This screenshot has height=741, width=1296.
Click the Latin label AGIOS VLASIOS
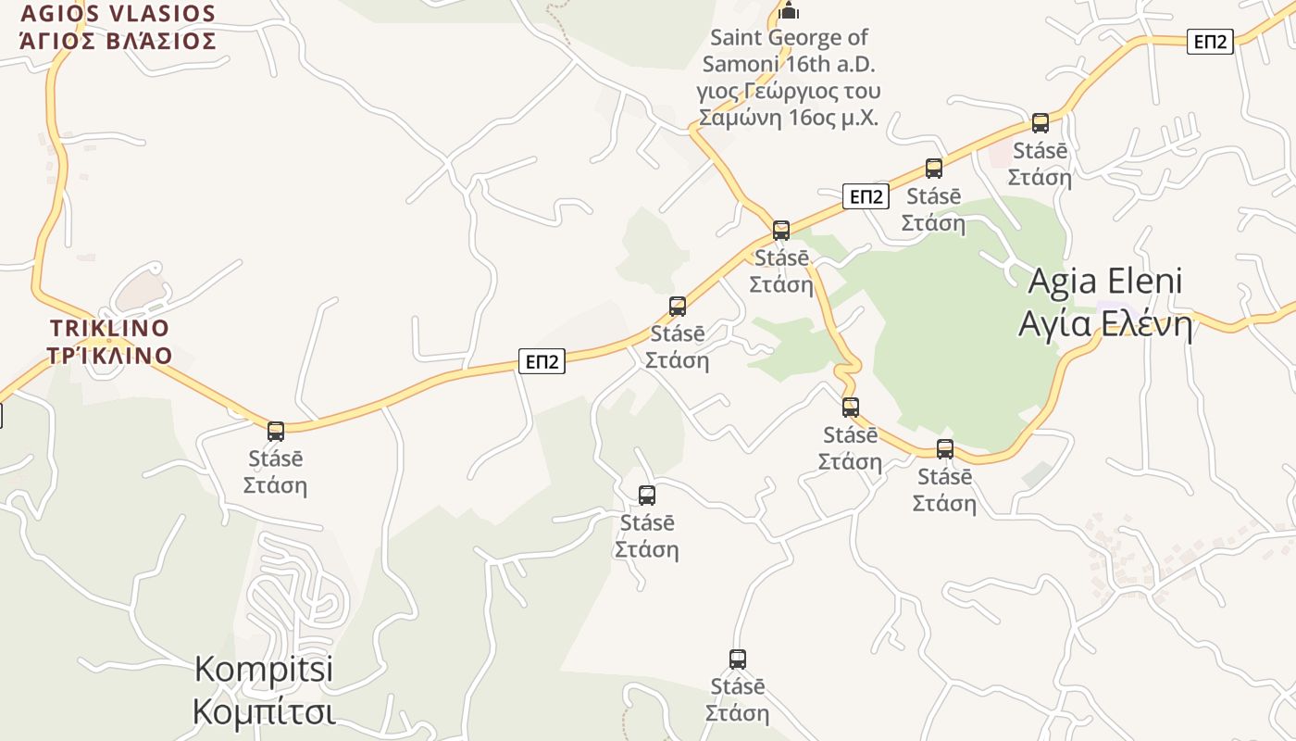[x=118, y=14]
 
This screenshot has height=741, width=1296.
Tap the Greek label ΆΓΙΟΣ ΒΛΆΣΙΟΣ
[x=118, y=42]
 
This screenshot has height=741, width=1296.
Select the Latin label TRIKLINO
[x=109, y=329]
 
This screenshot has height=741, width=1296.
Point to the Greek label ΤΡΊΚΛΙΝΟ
[x=109, y=357]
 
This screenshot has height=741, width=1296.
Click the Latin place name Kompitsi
[x=264, y=670]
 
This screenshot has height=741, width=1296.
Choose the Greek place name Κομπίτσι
[x=264, y=712]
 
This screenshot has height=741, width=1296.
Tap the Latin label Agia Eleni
[x=1105, y=281]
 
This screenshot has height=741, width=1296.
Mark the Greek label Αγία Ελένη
[x=1105, y=323]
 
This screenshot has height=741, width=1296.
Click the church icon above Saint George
[x=789, y=11]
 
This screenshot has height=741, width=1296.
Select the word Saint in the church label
[x=736, y=38]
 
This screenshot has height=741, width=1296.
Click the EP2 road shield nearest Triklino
[x=542, y=361]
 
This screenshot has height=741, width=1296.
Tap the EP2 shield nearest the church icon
[x=866, y=196]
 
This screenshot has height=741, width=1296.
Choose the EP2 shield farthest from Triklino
[x=1210, y=42]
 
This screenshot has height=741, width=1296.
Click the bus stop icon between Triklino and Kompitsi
[x=276, y=432]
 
